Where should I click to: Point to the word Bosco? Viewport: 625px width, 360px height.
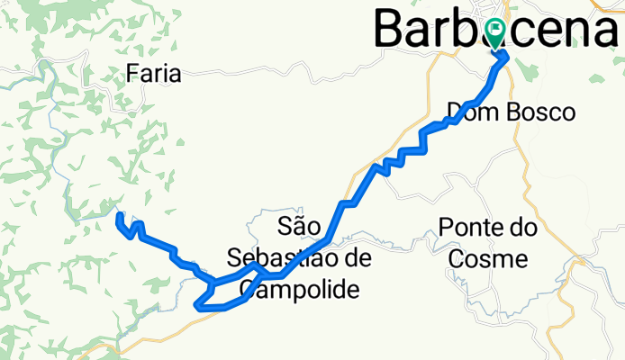coord(541,112)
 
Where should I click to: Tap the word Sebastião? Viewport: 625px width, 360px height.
coord(275,257)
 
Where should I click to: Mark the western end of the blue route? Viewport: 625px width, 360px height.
coord(119,215)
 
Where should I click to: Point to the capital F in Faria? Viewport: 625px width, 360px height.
coord(133,73)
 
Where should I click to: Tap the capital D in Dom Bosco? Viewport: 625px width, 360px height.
coord(453,112)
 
